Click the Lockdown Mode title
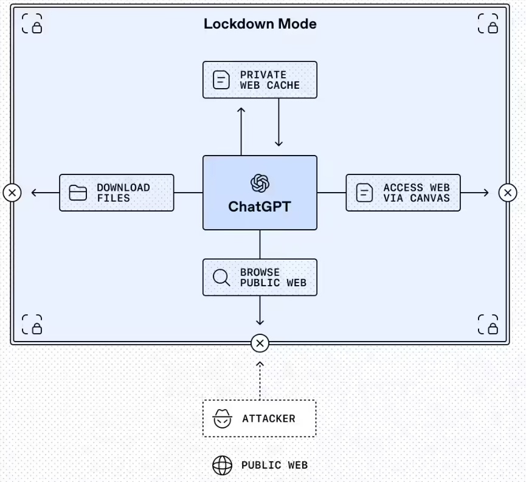(260, 24)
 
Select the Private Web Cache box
(260, 80)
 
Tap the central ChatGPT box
(260, 193)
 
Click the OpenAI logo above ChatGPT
(260, 182)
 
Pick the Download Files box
(116, 193)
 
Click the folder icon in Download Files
(78, 193)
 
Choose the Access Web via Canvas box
(403, 193)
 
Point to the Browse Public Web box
(260, 278)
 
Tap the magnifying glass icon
(221, 278)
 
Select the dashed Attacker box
(259, 418)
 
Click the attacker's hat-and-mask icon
(222, 418)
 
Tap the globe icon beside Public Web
(222, 466)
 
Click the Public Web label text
(274, 466)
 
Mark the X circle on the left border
(12, 193)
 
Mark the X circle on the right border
(508, 193)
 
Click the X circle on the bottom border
(260, 343)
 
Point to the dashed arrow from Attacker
(260, 380)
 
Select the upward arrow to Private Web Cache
(241, 131)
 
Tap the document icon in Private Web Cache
(221, 80)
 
